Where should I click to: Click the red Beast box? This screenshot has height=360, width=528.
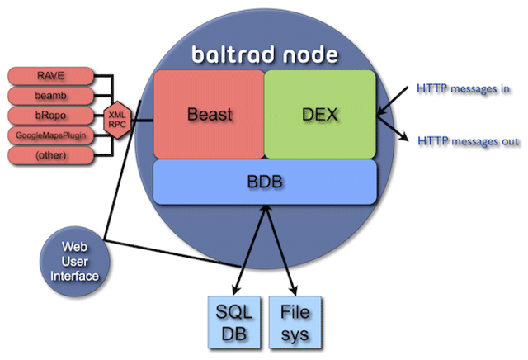(208, 113)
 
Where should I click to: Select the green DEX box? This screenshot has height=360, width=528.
(321, 113)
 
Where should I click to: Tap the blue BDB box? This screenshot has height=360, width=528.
(265, 178)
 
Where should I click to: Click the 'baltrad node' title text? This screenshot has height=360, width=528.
(265, 54)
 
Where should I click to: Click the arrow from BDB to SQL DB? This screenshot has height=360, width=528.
(248, 248)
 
